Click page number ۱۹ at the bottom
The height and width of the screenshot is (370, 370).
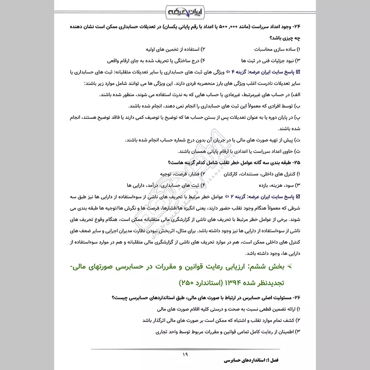185,354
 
